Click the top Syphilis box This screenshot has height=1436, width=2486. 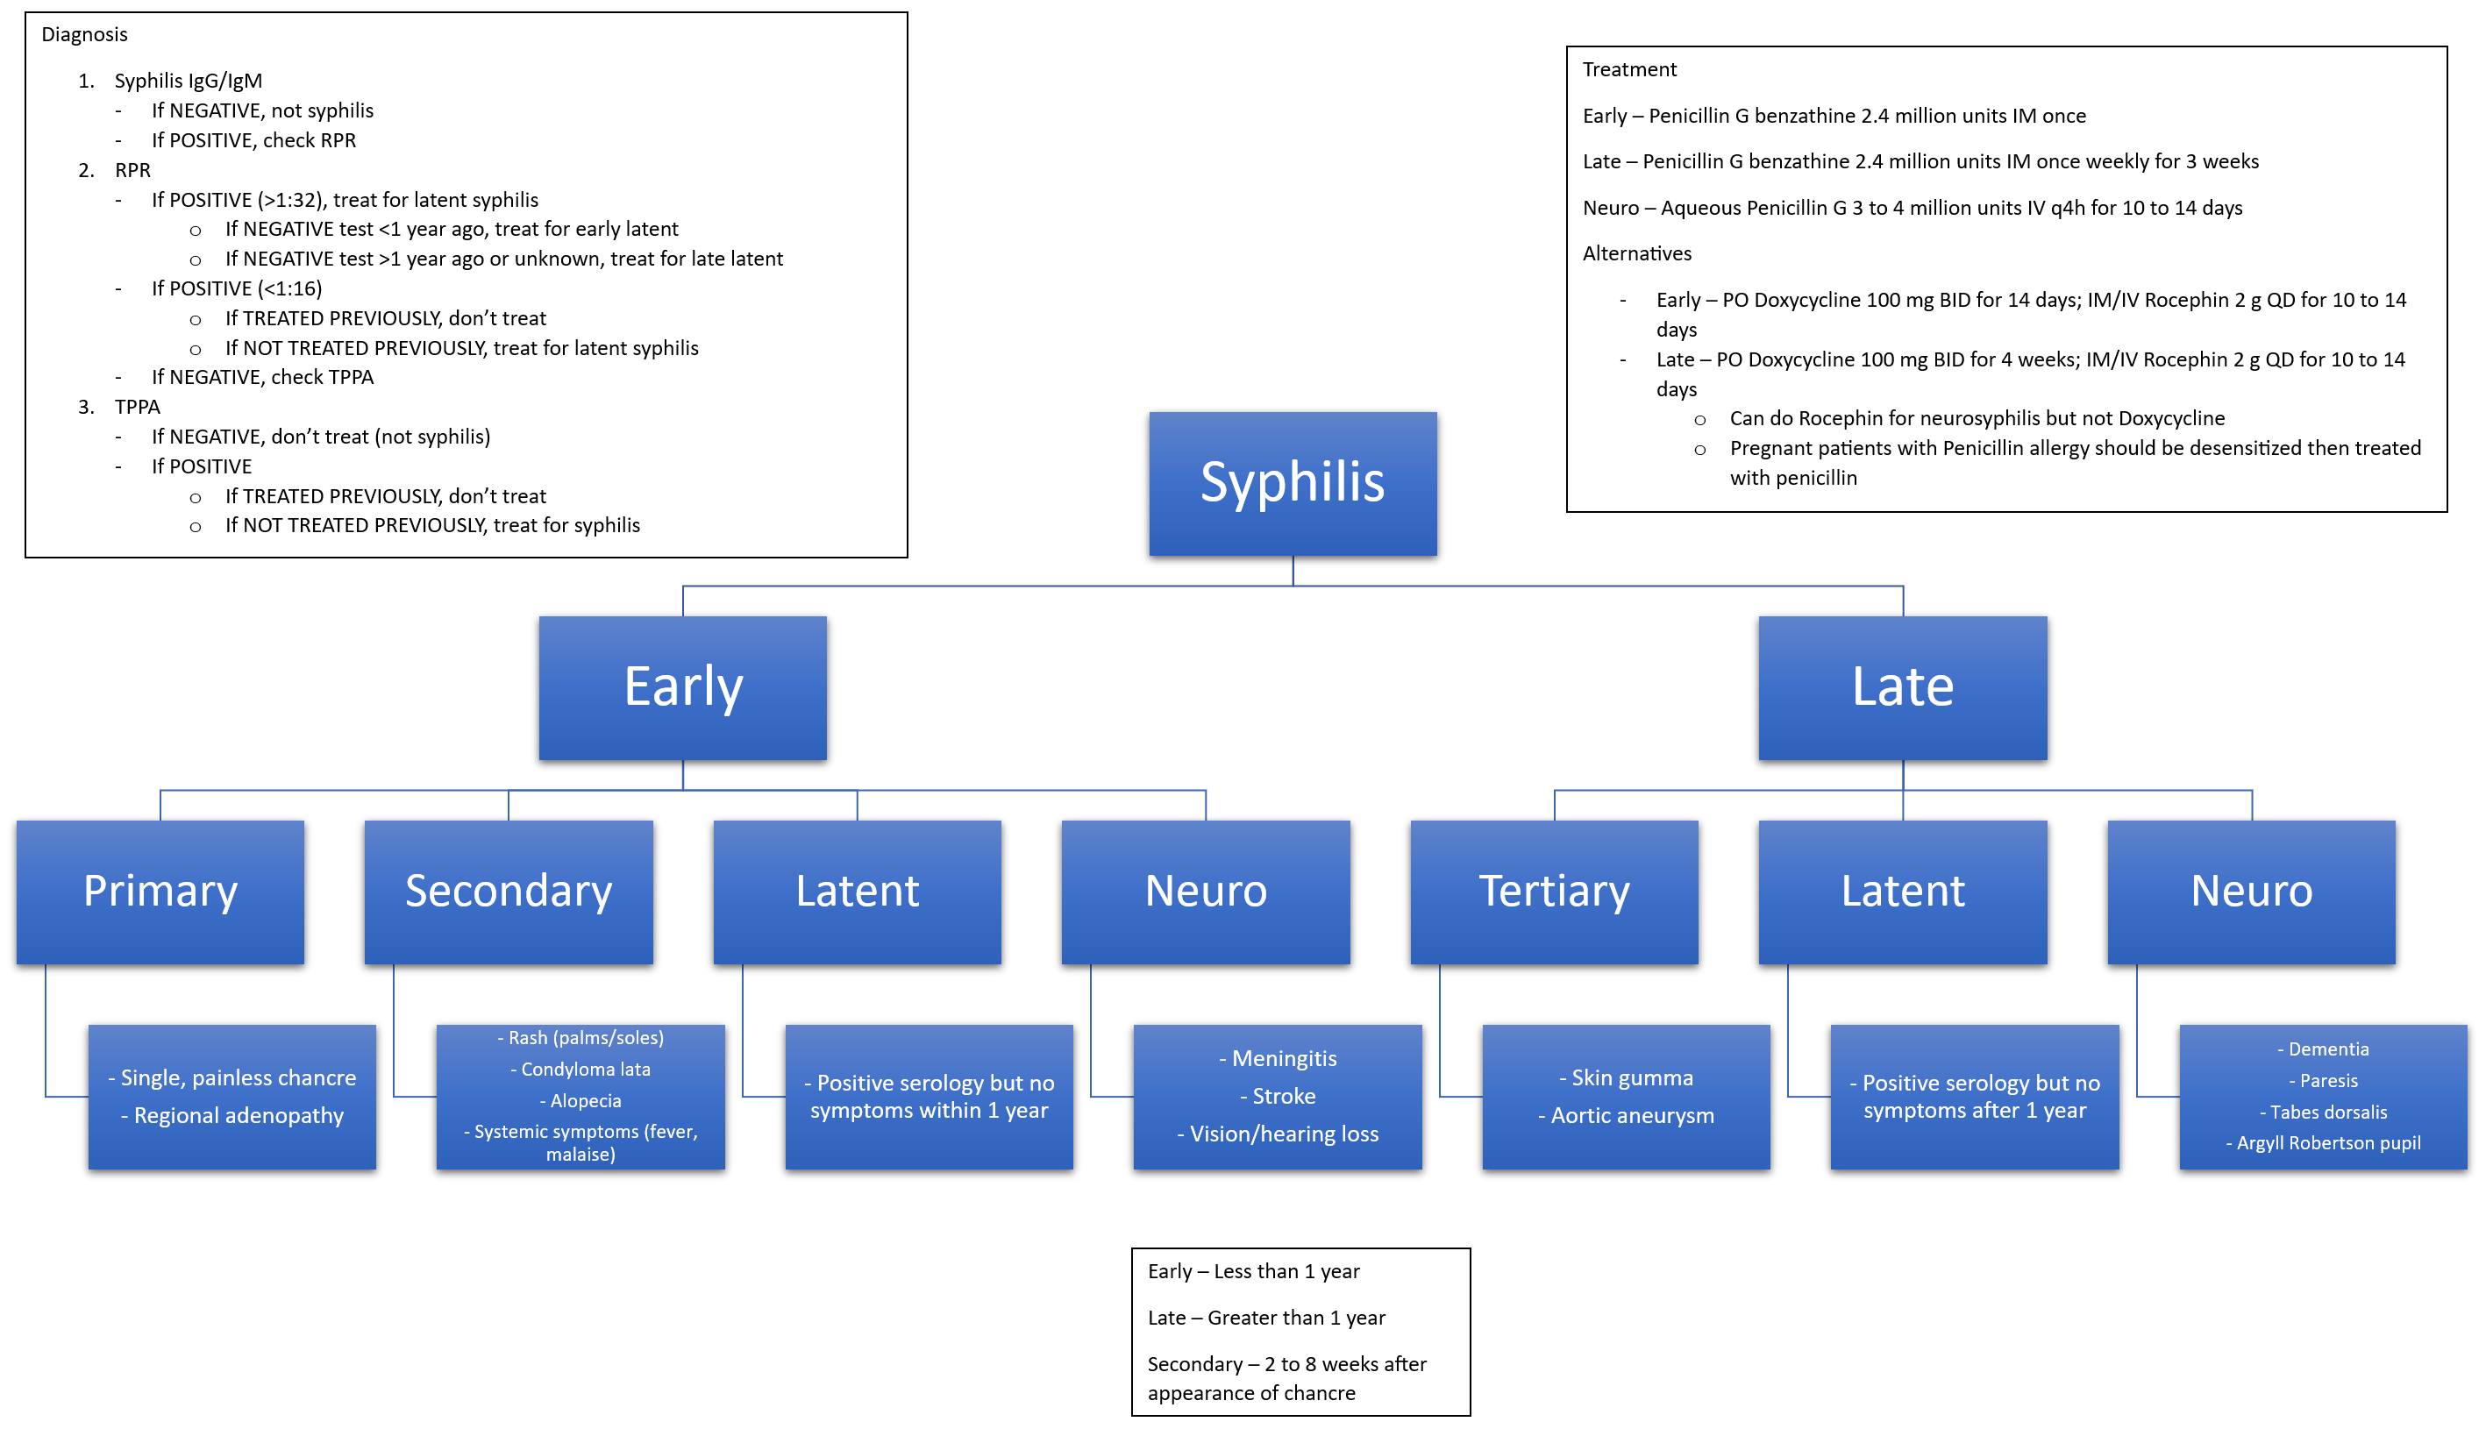coord(1293,483)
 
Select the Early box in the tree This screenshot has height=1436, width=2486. coord(682,687)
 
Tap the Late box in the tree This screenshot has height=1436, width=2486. coord(1902,687)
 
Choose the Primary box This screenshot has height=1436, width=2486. coord(160,892)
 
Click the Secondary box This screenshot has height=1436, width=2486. coord(508,892)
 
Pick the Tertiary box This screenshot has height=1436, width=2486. coord(1554,892)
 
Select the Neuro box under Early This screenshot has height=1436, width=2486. coord(1206,892)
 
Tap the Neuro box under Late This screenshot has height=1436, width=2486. coord(2251,892)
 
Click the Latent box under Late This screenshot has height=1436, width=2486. coord(1902,892)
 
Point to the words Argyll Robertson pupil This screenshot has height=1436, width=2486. coord(2328,1143)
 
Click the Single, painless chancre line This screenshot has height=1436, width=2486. coord(232,1078)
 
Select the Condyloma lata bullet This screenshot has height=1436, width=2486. coord(581,1070)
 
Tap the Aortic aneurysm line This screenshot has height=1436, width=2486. coord(1626,1115)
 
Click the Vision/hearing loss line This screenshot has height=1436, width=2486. coord(1278,1134)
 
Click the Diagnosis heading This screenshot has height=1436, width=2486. coord(85,34)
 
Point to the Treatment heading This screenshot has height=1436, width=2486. coord(1628,69)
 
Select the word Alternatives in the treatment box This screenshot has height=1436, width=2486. coord(1636,253)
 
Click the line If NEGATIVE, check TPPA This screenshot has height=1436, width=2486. coord(261,377)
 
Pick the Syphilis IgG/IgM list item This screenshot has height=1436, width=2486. coord(188,81)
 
